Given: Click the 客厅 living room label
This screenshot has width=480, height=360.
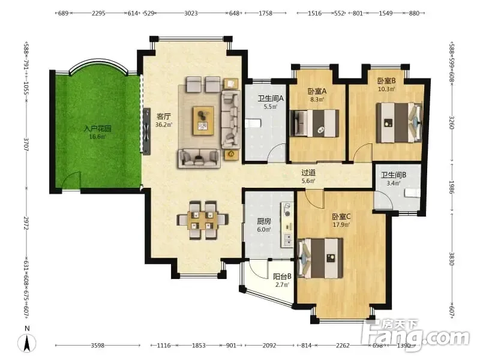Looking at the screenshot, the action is point(163,116).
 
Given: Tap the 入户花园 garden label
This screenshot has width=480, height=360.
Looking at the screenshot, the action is point(97,128).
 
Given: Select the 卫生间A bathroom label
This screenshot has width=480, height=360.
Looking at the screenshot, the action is point(271,98).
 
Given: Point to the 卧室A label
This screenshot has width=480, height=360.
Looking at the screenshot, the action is point(317,91).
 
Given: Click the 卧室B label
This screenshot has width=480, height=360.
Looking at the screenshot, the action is point(386,81).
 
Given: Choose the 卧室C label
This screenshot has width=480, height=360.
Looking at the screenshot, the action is point(341,217).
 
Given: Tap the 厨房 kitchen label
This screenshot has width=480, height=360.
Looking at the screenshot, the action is point(264,221).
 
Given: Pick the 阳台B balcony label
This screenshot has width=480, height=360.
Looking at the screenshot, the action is point(282,277).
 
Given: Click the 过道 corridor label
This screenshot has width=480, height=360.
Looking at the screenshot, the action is point(308,173).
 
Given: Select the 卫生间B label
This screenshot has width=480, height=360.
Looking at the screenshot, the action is point(394,175).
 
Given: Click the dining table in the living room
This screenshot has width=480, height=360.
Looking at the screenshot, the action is point(202,220).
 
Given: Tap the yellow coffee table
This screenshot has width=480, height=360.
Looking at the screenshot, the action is point(203,121).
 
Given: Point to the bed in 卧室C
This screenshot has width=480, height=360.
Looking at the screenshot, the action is point(320,259).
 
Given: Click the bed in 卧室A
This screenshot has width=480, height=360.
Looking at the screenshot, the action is point(314,123).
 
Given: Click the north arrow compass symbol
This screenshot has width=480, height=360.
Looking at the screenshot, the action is point(27,341).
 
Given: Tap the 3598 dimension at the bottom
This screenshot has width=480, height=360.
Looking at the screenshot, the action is point(98,346).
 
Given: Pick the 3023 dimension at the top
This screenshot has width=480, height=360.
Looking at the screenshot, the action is point(191,13).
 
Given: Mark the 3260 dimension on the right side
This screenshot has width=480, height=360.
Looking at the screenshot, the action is point(452,122).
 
